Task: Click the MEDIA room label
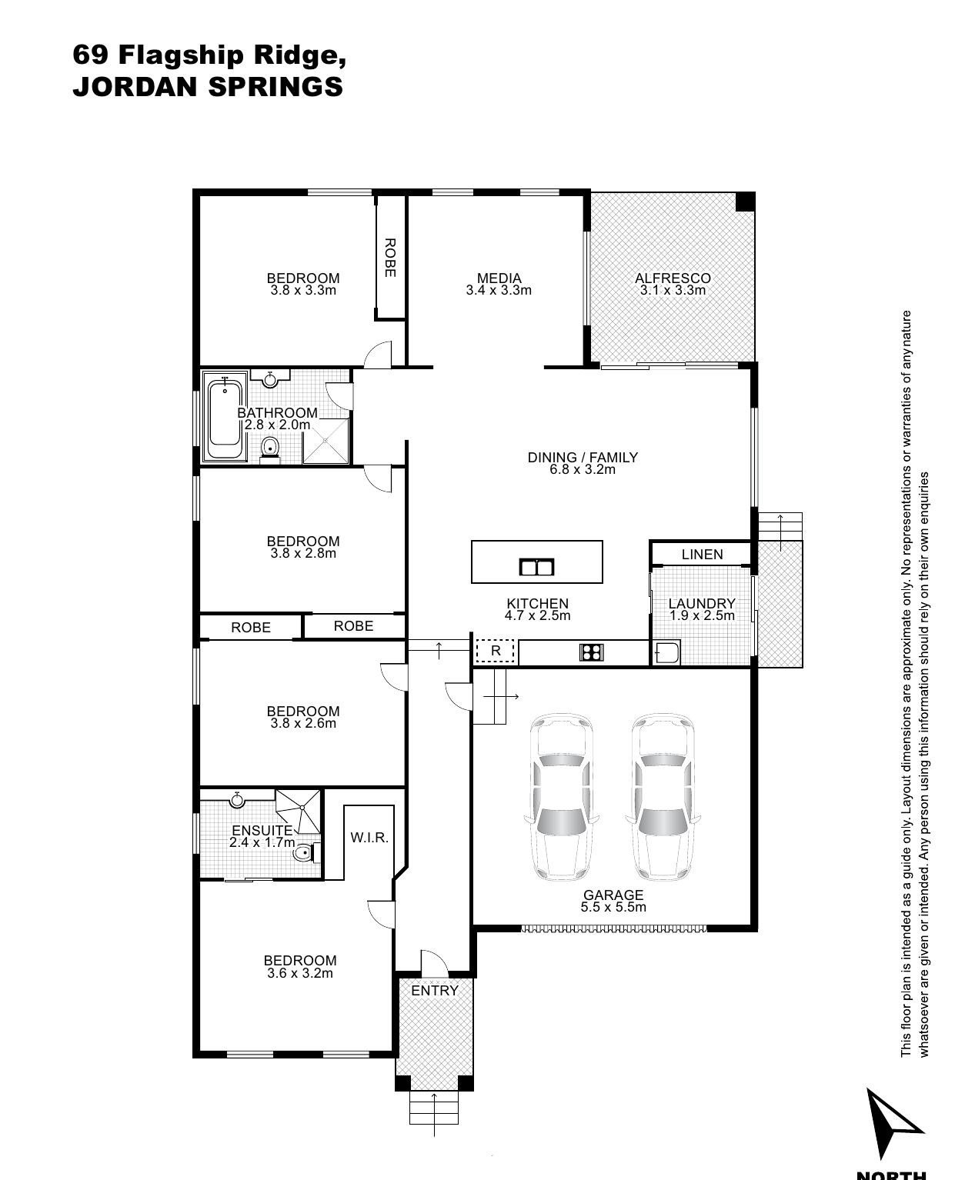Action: click(x=499, y=278)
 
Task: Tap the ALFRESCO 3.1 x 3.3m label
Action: click(x=673, y=284)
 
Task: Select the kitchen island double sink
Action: click(x=536, y=567)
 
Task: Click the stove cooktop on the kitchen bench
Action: click(x=592, y=652)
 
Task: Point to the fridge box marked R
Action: click(x=495, y=651)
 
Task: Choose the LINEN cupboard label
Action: click(x=702, y=555)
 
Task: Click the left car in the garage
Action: click(x=562, y=797)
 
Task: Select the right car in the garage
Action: click(x=663, y=797)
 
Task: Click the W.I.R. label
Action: click(x=369, y=837)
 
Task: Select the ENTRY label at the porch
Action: click(x=435, y=991)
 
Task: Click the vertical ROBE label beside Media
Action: click(x=390, y=258)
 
